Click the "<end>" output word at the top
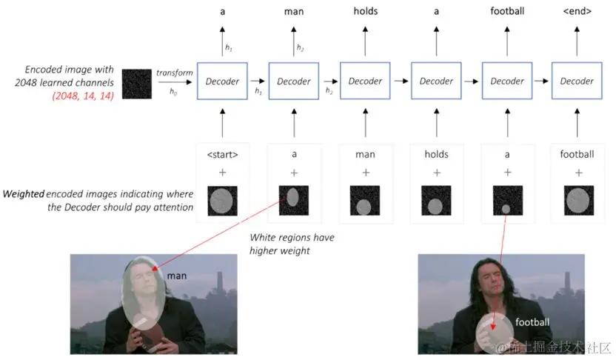[577, 11]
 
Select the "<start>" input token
[224, 154]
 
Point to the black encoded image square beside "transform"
[137, 82]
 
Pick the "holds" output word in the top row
[365, 11]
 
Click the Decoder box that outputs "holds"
[365, 81]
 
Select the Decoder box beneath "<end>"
[577, 81]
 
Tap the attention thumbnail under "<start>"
[224, 201]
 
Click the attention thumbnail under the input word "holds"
[436, 201]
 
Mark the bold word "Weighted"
[23, 193]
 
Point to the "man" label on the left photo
[177, 276]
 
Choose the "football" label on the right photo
[532, 321]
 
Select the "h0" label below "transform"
[173, 91]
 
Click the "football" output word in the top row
[507, 11]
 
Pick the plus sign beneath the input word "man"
[365, 172]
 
